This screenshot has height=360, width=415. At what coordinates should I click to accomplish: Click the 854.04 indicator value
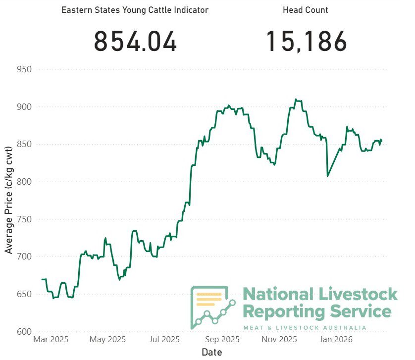pyautogui.click(x=135, y=41)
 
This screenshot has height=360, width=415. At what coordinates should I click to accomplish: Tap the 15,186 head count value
pyautogui.click(x=307, y=41)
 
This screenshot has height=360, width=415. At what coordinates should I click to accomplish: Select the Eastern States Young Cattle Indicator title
pyautogui.click(x=135, y=10)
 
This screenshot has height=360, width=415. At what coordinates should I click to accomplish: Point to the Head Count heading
pyautogui.click(x=306, y=10)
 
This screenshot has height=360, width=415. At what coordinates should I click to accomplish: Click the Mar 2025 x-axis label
pyautogui.click(x=51, y=340)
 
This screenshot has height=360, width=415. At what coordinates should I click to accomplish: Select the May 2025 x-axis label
pyautogui.click(x=108, y=340)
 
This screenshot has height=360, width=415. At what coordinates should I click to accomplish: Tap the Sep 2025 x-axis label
pyautogui.click(x=222, y=340)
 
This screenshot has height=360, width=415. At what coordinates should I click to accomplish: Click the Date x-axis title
pyautogui.click(x=212, y=352)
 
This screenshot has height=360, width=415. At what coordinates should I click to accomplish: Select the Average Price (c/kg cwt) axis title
pyautogui.click(x=8, y=200)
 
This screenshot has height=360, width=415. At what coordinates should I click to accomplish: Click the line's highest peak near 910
pyautogui.click(x=296, y=100)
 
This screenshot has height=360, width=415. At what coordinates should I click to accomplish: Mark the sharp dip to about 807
pyautogui.click(x=327, y=176)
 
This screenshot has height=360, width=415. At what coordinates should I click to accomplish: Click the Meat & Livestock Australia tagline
pyautogui.click(x=305, y=328)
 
